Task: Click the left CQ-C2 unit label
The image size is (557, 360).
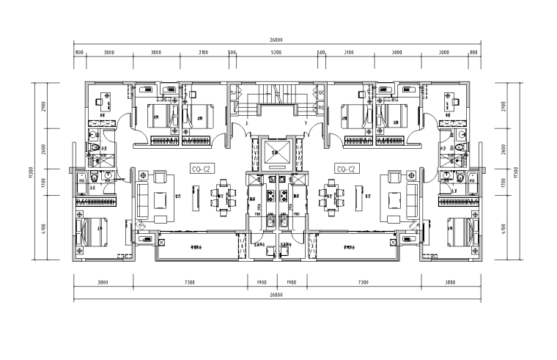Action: point(201,169)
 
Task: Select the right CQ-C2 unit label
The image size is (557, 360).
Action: point(346,169)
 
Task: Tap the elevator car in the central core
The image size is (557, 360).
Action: point(273,154)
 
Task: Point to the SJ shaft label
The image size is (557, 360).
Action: point(234,94)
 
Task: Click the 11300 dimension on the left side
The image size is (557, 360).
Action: point(32,171)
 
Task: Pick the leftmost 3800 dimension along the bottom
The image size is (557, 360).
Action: point(103,282)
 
